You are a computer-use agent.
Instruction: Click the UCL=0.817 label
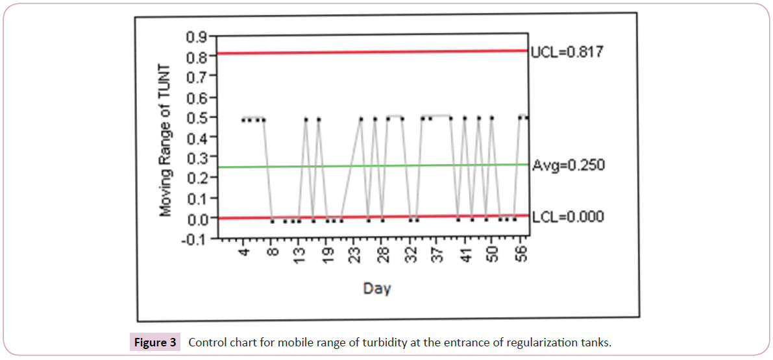(567, 52)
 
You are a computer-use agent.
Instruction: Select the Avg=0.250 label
(568, 165)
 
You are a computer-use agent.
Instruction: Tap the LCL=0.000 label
(567, 216)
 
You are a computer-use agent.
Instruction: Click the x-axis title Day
(377, 288)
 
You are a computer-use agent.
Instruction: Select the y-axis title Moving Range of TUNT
(167, 140)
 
